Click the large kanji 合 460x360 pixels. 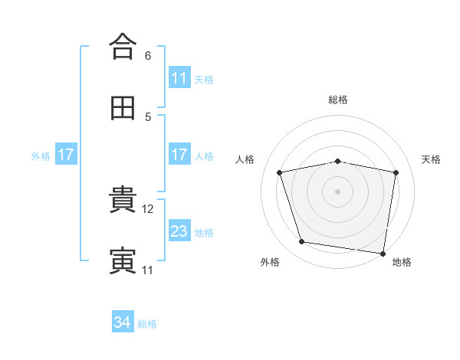coord(123,46)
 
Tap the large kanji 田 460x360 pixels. coord(123,108)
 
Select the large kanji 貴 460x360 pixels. coord(123,198)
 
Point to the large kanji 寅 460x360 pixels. coord(123,260)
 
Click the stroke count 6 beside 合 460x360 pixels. coord(148,56)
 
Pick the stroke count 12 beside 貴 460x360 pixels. coord(147,209)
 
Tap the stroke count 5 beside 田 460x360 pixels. coord(148,117)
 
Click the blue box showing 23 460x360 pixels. coord(180,230)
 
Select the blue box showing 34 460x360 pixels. coord(123,321)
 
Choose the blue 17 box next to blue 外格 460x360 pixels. coord(66,154)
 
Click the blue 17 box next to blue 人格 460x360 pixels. coord(180,154)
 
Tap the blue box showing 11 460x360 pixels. coord(180,77)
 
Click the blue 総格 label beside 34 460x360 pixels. coord(147,324)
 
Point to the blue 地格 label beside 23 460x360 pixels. coord(204,233)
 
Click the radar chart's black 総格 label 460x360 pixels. coord(338,100)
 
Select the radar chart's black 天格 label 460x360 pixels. coord(431,159)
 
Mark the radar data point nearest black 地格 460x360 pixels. coord(383,254)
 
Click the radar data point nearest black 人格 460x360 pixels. coord(279,172)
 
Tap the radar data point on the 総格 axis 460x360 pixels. coord(337,162)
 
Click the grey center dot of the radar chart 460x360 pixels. coord(337,191)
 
